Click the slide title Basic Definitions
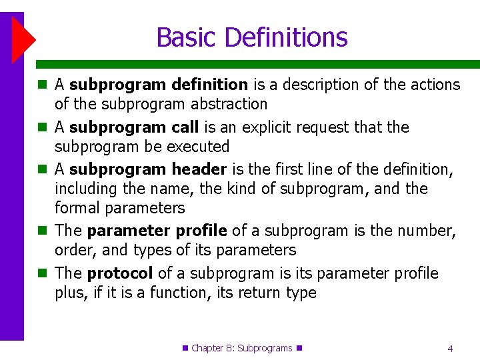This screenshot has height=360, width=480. pos(251,37)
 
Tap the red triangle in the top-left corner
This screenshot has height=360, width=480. pos(23,40)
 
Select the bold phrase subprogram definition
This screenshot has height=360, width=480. pos(158,85)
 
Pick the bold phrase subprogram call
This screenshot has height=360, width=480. pos(133,127)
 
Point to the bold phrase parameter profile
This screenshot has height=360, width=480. pos(157,231)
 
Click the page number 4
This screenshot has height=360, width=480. pos(451,348)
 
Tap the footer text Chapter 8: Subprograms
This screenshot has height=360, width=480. pos(241,348)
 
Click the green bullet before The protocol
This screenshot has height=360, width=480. pos(42,273)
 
